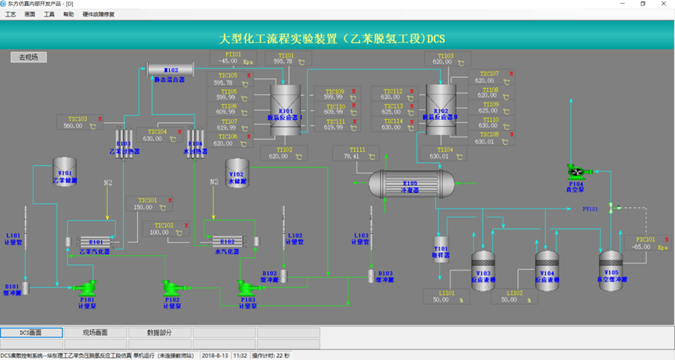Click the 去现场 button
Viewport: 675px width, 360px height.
tap(28, 57)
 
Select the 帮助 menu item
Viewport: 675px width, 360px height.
tap(68, 14)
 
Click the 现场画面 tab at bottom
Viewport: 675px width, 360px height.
tap(95, 333)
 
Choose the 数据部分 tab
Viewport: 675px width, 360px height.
tap(159, 333)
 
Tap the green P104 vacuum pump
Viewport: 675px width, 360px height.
tap(576, 171)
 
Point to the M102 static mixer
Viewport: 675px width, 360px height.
tap(171, 70)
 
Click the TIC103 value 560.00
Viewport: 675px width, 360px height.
tap(74, 126)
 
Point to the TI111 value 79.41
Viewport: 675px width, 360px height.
tap(351, 156)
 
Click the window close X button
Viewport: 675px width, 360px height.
tap(664, 4)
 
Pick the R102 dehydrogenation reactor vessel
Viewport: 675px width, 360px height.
tap(441, 106)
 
